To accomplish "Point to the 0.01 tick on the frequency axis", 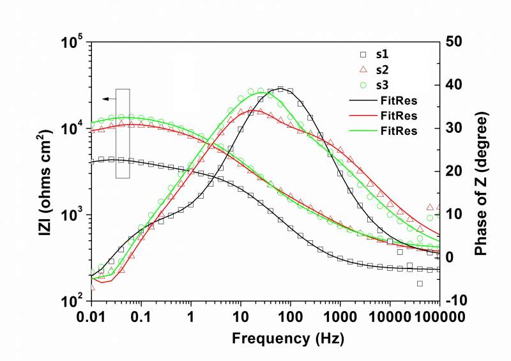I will pyautogui.click(x=92, y=318).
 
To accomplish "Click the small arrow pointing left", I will pyautogui.click(x=109, y=98).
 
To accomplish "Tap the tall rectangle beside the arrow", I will pyautogui.click(x=123, y=134).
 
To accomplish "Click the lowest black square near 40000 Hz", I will pyautogui.click(x=420, y=283).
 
